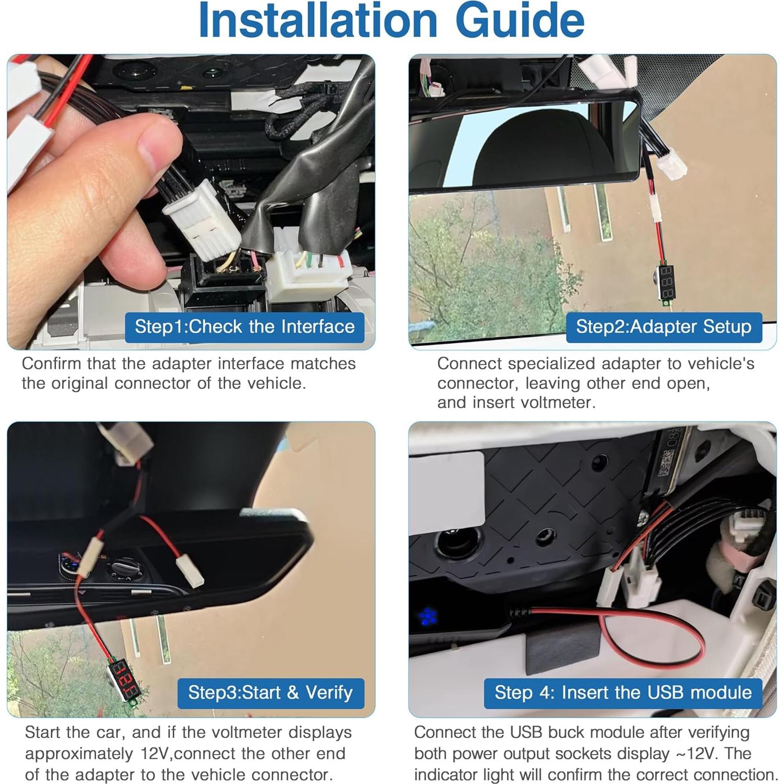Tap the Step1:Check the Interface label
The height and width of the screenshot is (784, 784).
click(245, 327)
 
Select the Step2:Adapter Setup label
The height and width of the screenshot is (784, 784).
click(664, 327)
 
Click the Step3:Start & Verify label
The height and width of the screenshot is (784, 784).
click(270, 692)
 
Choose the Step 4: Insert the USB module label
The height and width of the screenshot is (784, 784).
click(623, 692)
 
